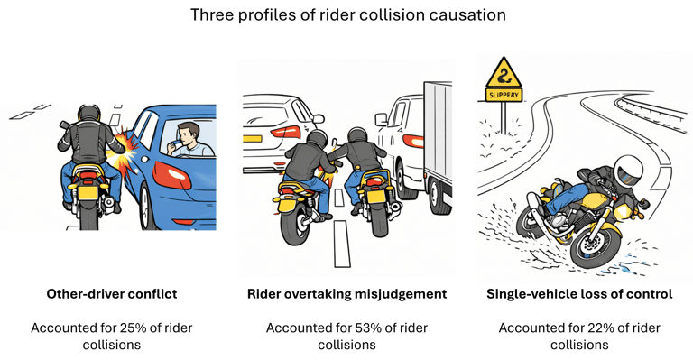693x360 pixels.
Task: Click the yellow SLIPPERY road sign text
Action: pyautogui.click(x=504, y=95)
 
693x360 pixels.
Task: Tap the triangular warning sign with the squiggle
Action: pyautogui.click(x=504, y=75)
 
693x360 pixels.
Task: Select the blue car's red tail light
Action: pyautogui.click(x=172, y=175)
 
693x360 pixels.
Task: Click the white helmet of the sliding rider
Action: pyautogui.click(x=627, y=171)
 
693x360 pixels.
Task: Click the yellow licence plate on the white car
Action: pyautogui.click(x=253, y=139)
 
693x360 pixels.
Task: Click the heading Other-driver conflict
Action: pyautogui.click(x=112, y=294)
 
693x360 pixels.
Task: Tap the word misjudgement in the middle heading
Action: pyautogui.click(x=401, y=295)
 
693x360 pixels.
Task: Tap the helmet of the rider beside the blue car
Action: pyautogui.click(x=89, y=113)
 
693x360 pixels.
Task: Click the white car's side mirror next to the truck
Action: pyautogui.click(x=381, y=119)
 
